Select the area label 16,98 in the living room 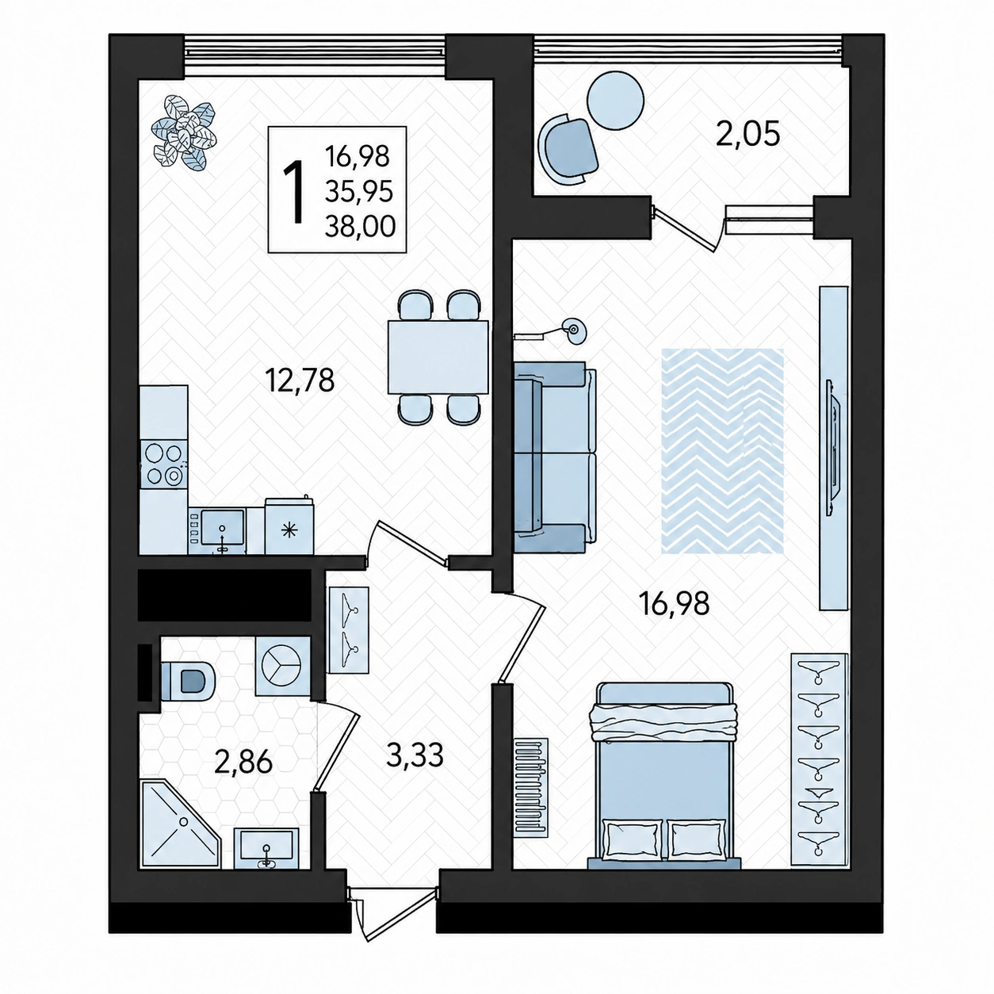(674, 603)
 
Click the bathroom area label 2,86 (243, 763)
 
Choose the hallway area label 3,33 (415, 755)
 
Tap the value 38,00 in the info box (360, 227)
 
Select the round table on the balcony (616, 100)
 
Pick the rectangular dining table (438, 357)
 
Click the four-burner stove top (163, 464)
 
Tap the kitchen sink (222, 526)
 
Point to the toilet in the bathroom (188, 681)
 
